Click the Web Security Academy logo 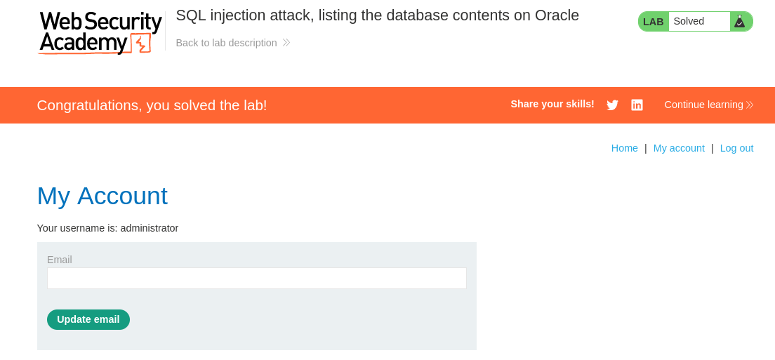(100, 32)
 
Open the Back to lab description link (233, 43)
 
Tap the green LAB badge (653, 22)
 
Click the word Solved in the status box (689, 21)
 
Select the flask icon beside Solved (739, 21)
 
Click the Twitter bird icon (612, 105)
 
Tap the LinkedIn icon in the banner (637, 105)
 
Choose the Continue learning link (709, 105)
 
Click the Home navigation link (624, 148)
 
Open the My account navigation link (679, 148)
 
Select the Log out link (736, 148)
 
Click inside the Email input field (256, 279)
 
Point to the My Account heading (102, 196)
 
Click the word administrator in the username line (150, 228)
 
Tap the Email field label (59, 260)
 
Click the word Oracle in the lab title (557, 15)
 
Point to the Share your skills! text (552, 104)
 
